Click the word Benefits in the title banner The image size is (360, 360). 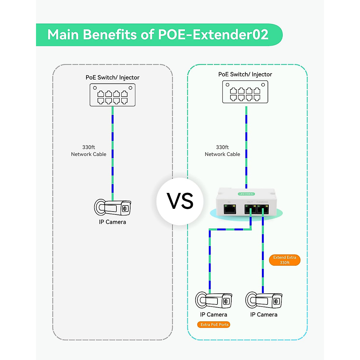[x=110, y=34]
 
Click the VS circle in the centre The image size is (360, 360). [x=180, y=201]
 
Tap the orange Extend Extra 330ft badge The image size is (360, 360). [x=285, y=260]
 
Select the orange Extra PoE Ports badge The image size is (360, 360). [x=214, y=325]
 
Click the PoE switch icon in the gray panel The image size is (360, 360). [x=112, y=95]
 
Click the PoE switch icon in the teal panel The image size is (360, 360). [x=245, y=92]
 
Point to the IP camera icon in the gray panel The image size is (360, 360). [x=112, y=208]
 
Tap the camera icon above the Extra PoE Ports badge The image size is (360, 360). [x=214, y=300]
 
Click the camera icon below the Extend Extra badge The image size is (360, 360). [x=264, y=300]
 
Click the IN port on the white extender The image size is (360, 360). [x=230, y=209]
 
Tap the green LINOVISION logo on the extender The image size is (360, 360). [x=247, y=194]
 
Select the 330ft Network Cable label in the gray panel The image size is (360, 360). [x=88, y=151]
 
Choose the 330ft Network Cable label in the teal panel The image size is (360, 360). [x=222, y=151]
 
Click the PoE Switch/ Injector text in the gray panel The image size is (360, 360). [x=112, y=77]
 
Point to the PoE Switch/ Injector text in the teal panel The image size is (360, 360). [x=245, y=74]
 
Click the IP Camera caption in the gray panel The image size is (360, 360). [x=112, y=222]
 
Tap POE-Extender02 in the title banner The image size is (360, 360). [x=213, y=34]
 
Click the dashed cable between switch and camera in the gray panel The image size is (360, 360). [x=112, y=150]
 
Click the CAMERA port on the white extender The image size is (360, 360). [x=263, y=209]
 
